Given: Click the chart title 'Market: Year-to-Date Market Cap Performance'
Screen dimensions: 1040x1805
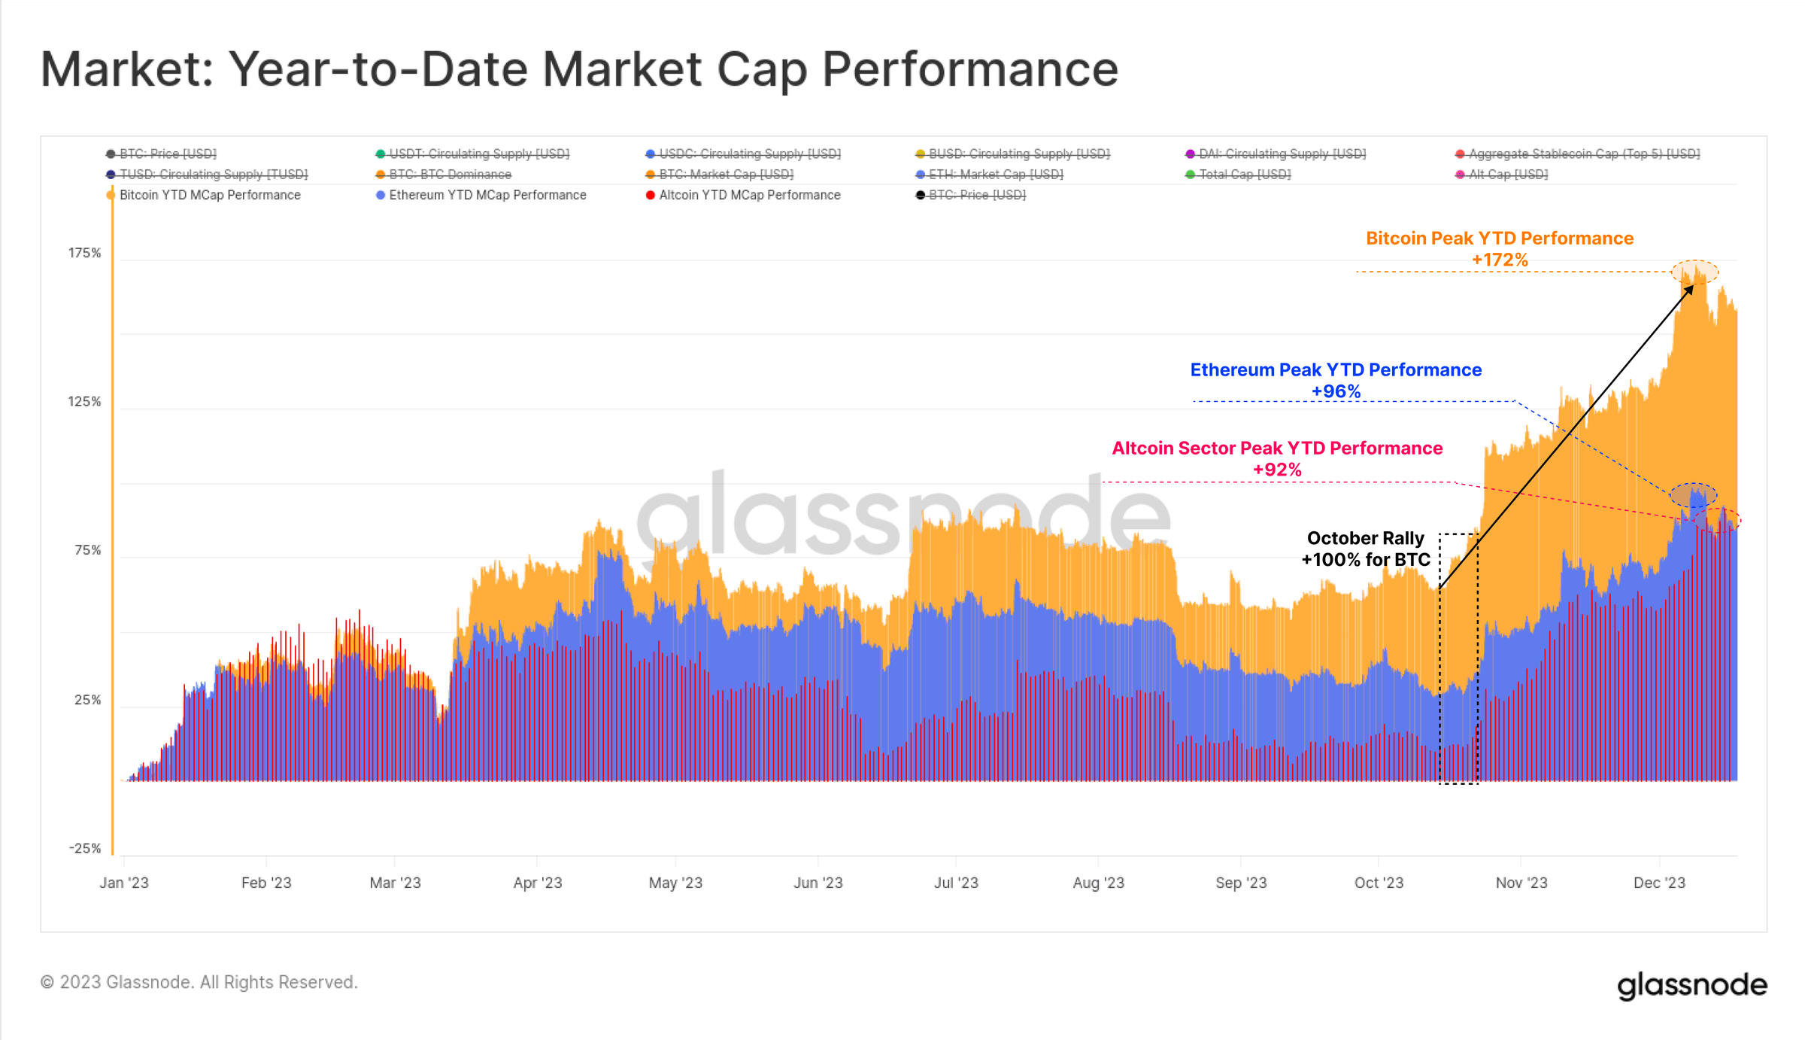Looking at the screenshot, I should coord(579,69).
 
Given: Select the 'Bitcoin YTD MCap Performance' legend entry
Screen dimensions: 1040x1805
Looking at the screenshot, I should coord(209,195).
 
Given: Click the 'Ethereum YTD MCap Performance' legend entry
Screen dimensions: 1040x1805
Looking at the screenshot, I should coord(487,195).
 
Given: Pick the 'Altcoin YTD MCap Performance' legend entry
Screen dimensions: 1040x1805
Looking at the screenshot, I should coord(749,195).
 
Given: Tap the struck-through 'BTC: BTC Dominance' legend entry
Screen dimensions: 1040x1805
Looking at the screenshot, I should coord(449,175).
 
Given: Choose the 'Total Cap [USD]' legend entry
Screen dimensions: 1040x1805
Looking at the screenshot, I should coord(1244,175).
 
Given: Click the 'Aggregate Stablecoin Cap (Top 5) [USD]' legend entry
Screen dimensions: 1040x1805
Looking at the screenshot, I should coord(1583,154).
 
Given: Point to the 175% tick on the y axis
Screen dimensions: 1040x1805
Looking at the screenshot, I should coord(84,253).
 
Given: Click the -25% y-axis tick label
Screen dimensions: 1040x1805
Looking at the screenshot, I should coord(84,848).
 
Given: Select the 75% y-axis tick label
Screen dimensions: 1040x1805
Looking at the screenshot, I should coord(87,550).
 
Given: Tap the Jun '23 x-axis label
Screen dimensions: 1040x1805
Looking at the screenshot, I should coord(818,883).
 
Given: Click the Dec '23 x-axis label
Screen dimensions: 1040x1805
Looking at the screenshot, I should coord(1658,883).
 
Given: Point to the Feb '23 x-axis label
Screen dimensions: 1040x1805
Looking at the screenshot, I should coord(266,883).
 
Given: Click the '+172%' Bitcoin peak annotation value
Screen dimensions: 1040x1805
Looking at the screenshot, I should coord(1499,260).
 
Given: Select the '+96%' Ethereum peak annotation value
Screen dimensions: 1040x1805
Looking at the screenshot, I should coord(1336,391).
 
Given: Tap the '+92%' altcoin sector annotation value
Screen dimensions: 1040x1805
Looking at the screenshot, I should coord(1276,470).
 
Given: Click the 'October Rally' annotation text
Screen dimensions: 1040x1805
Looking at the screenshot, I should coord(1365,538).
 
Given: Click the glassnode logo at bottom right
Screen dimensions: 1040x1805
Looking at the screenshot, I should coord(1691,985).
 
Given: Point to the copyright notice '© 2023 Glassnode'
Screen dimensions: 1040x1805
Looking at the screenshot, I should coord(199,982).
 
